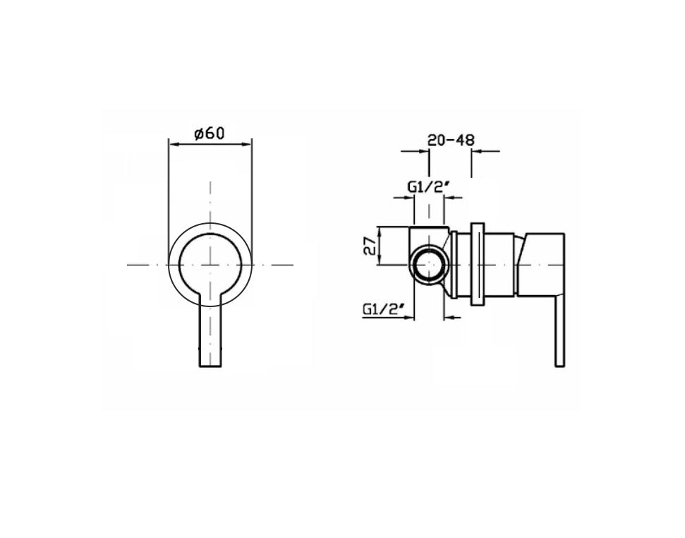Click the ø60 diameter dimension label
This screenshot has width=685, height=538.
point(210,133)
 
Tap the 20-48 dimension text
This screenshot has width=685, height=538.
point(451,140)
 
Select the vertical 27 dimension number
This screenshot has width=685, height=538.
point(370,246)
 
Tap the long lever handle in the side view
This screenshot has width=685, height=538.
point(559,332)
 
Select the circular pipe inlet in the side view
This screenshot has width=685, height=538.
point(429,265)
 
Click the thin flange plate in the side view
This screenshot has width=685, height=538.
point(478,265)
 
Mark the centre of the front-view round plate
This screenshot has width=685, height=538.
point(210,265)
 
